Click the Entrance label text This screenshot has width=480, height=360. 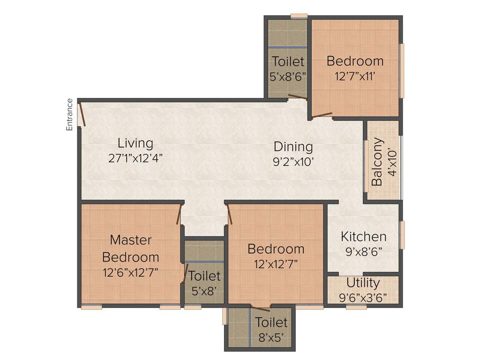coord(69,114)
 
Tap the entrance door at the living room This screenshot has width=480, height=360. coord(82,114)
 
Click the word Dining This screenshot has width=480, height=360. coord(293,147)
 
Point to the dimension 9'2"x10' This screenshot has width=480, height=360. coord(293,162)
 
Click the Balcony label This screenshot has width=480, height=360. coord(377,162)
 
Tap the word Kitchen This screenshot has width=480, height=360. coord(363,236)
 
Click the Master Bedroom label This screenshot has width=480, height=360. coord(130,248)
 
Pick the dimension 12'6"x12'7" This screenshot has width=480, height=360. coord(130,272)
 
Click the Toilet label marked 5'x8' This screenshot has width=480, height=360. coord(204,276)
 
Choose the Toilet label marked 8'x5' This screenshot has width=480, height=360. coord(271,322)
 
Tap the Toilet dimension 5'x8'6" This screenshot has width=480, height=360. coord(288,76)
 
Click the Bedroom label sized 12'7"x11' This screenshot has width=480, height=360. coord(355,61)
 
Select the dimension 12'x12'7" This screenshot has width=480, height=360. coord(276,263)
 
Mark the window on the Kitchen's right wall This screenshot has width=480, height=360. coord(401,234)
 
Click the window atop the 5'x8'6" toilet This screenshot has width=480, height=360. coord(299,16)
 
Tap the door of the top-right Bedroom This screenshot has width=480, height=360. coord(322,114)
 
